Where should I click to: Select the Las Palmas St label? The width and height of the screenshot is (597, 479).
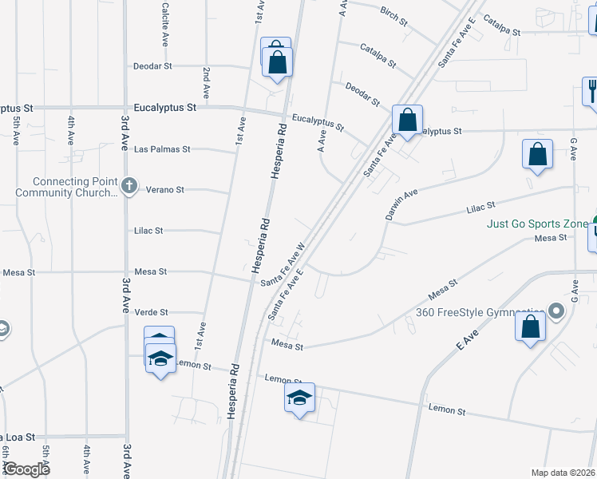[x=162, y=149]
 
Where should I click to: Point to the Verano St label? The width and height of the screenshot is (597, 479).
[x=165, y=190]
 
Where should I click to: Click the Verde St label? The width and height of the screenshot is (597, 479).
[x=152, y=312]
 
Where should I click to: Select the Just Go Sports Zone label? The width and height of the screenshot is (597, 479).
[x=538, y=224]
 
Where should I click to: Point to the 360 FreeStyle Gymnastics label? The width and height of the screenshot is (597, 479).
[x=480, y=311]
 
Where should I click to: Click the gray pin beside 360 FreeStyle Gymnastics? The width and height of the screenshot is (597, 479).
[x=557, y=311]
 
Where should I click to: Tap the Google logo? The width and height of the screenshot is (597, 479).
[x=27, y=469]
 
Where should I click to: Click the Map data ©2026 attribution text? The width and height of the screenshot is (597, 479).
[x=563, y=473]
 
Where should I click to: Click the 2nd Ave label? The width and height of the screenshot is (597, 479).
[x=206, y=82]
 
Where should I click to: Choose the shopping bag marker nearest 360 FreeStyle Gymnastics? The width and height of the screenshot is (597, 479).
[x=531, y=327]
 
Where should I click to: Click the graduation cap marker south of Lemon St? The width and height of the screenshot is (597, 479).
[x=299, y=398]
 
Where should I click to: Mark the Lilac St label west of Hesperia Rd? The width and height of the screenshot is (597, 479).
[x=148, y=231]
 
